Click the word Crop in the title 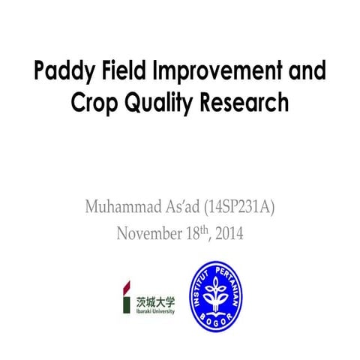pos(95,102)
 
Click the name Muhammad pos(124,205)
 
